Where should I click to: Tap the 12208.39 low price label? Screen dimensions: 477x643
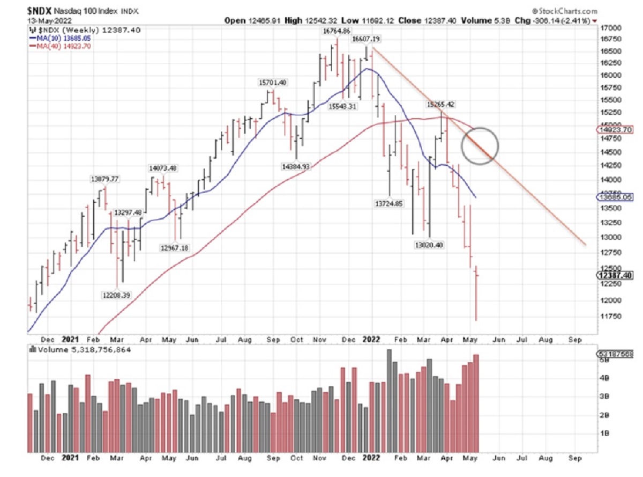coord(116,295)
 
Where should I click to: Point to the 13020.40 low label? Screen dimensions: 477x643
coord(429,245)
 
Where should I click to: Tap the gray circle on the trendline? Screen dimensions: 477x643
coord(480,145)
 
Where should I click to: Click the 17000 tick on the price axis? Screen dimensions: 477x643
coord(611,27)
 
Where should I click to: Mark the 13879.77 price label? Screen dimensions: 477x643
coord(105,178)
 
